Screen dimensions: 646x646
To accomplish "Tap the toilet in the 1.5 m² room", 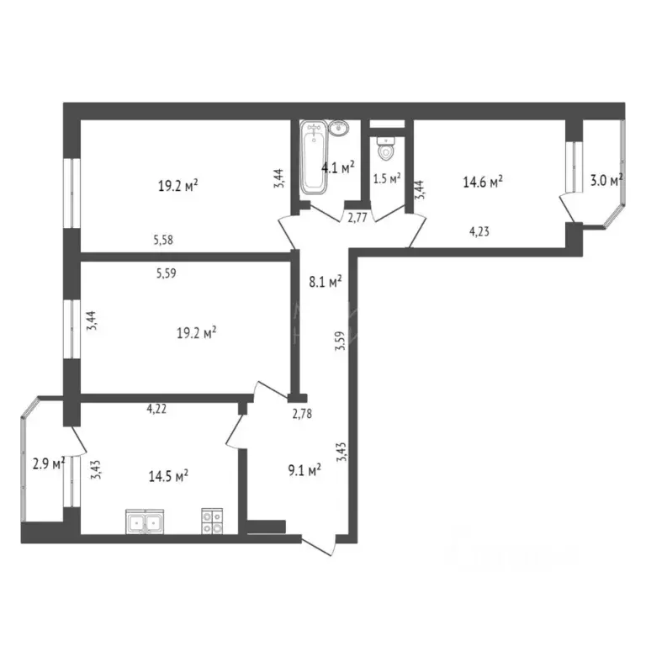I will coord(385,149).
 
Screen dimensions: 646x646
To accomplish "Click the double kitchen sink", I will coord(144,522).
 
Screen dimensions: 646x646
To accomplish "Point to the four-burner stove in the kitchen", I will coord(212,522).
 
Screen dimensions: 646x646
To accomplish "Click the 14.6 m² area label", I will coord(483,180).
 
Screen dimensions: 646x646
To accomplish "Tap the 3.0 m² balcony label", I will coord(605,180).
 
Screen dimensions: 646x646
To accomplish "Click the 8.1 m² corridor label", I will coord(326,283).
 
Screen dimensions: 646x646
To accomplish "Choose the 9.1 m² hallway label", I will coord(304,471).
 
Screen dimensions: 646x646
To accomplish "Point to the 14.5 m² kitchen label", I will coord(167,475).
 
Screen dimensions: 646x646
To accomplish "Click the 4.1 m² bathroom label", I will coord(337,167).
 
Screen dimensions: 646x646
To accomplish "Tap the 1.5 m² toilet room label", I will coord(386,178).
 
